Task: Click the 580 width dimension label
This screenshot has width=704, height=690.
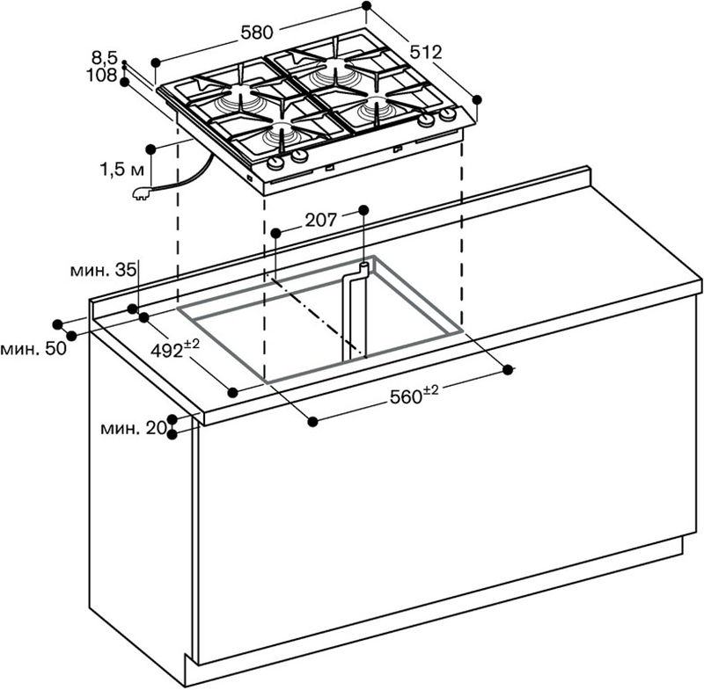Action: tap(257, 33)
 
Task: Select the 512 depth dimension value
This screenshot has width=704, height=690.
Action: tap(426, 53)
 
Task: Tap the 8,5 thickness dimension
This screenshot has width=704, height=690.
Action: tap(104, 58)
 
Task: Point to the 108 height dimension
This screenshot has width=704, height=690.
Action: tap(101, 75)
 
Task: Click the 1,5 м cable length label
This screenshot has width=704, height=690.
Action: tap(121, 170)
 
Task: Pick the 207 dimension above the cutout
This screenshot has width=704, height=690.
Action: tap(320, 220)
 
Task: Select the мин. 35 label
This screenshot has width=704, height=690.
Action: tap(103, 271)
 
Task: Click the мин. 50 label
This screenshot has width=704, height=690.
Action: tap(33, 349)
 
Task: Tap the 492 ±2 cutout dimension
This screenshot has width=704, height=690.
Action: tap(174, 349)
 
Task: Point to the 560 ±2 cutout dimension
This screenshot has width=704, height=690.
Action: tap(414, 395)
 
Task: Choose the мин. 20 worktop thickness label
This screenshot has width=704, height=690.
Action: tap(134, 429)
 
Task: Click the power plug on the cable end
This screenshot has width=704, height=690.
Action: tap(142, 193)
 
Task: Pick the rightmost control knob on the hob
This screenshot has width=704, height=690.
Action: tap(448, 115)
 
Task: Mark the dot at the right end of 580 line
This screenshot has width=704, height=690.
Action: tap(366, 6)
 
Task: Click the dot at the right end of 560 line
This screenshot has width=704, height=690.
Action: tap(508, 369)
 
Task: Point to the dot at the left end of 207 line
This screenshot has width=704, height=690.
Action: tap(276, 233)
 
